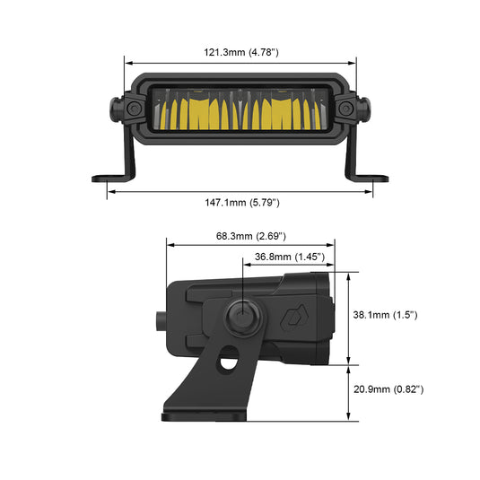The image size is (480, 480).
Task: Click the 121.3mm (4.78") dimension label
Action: tap(240, 53)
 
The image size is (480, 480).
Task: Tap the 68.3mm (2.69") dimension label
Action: tap(250, 236)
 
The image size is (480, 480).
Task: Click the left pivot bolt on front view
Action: tap(132, 109)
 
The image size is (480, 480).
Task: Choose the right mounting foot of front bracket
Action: tap(371, 176)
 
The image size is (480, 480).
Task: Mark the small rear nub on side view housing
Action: tap(161, 317)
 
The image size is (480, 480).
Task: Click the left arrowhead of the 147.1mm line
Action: tap(109, 190)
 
